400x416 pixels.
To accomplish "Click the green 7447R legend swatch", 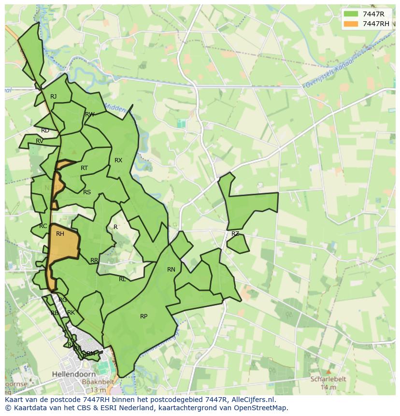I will (351, 14).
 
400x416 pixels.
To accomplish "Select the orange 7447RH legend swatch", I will (351, 24).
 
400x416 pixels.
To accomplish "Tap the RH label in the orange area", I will (60, 234).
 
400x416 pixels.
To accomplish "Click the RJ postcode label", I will (53, 97).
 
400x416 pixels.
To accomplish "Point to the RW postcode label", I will (89, 115).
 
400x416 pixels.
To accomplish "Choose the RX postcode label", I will (118, 160).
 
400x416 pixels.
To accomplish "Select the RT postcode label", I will (84, 168).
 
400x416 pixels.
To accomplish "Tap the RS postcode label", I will (87, 192).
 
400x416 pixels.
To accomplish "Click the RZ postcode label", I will (235, 234).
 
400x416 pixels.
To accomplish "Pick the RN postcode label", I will (171, 270).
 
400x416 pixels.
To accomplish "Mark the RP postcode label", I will (143, 316).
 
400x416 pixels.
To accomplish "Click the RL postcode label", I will (122, 279).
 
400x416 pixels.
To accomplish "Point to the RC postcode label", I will (43, 226).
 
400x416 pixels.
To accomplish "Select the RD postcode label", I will (45, 130).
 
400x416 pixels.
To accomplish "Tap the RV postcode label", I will (40, 141).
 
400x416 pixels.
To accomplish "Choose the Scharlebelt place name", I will (328, 379).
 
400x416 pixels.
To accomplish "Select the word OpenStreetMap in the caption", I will (260, 408).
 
